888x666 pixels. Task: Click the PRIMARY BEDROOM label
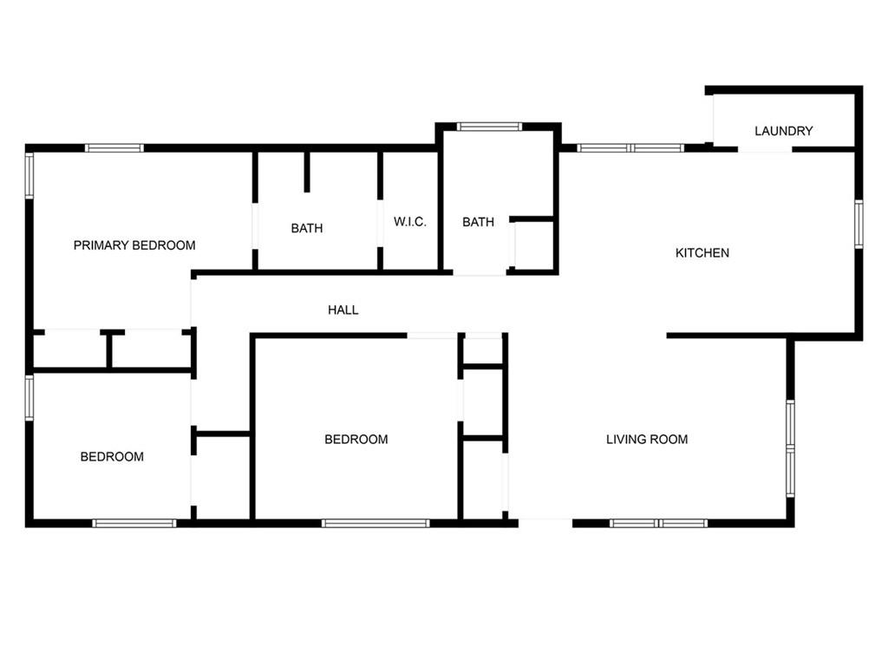point(134,245)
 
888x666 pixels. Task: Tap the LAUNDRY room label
point(783,131)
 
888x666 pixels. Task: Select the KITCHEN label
point(702,252)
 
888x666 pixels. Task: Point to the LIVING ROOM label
point(647,439)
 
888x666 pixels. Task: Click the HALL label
point(343,310)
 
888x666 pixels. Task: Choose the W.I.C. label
point(410,221)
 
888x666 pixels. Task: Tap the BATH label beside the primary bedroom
point(307,228)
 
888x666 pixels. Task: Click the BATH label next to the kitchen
point(478,222)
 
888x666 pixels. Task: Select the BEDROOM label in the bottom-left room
point(112,456)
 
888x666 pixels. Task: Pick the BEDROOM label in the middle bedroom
point(356,439)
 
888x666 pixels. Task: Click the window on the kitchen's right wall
point(859,224)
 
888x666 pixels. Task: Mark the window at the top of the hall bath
point(489,127)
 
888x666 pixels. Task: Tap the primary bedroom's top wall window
point(114,148)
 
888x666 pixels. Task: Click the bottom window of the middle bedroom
point(375,523)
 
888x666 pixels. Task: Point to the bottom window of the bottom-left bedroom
point(134,523)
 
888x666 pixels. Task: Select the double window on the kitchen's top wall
point(631,148)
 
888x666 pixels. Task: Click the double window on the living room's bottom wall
point(659,523)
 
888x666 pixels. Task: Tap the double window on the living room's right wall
point(790,448)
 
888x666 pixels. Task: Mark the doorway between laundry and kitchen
point(765,149)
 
